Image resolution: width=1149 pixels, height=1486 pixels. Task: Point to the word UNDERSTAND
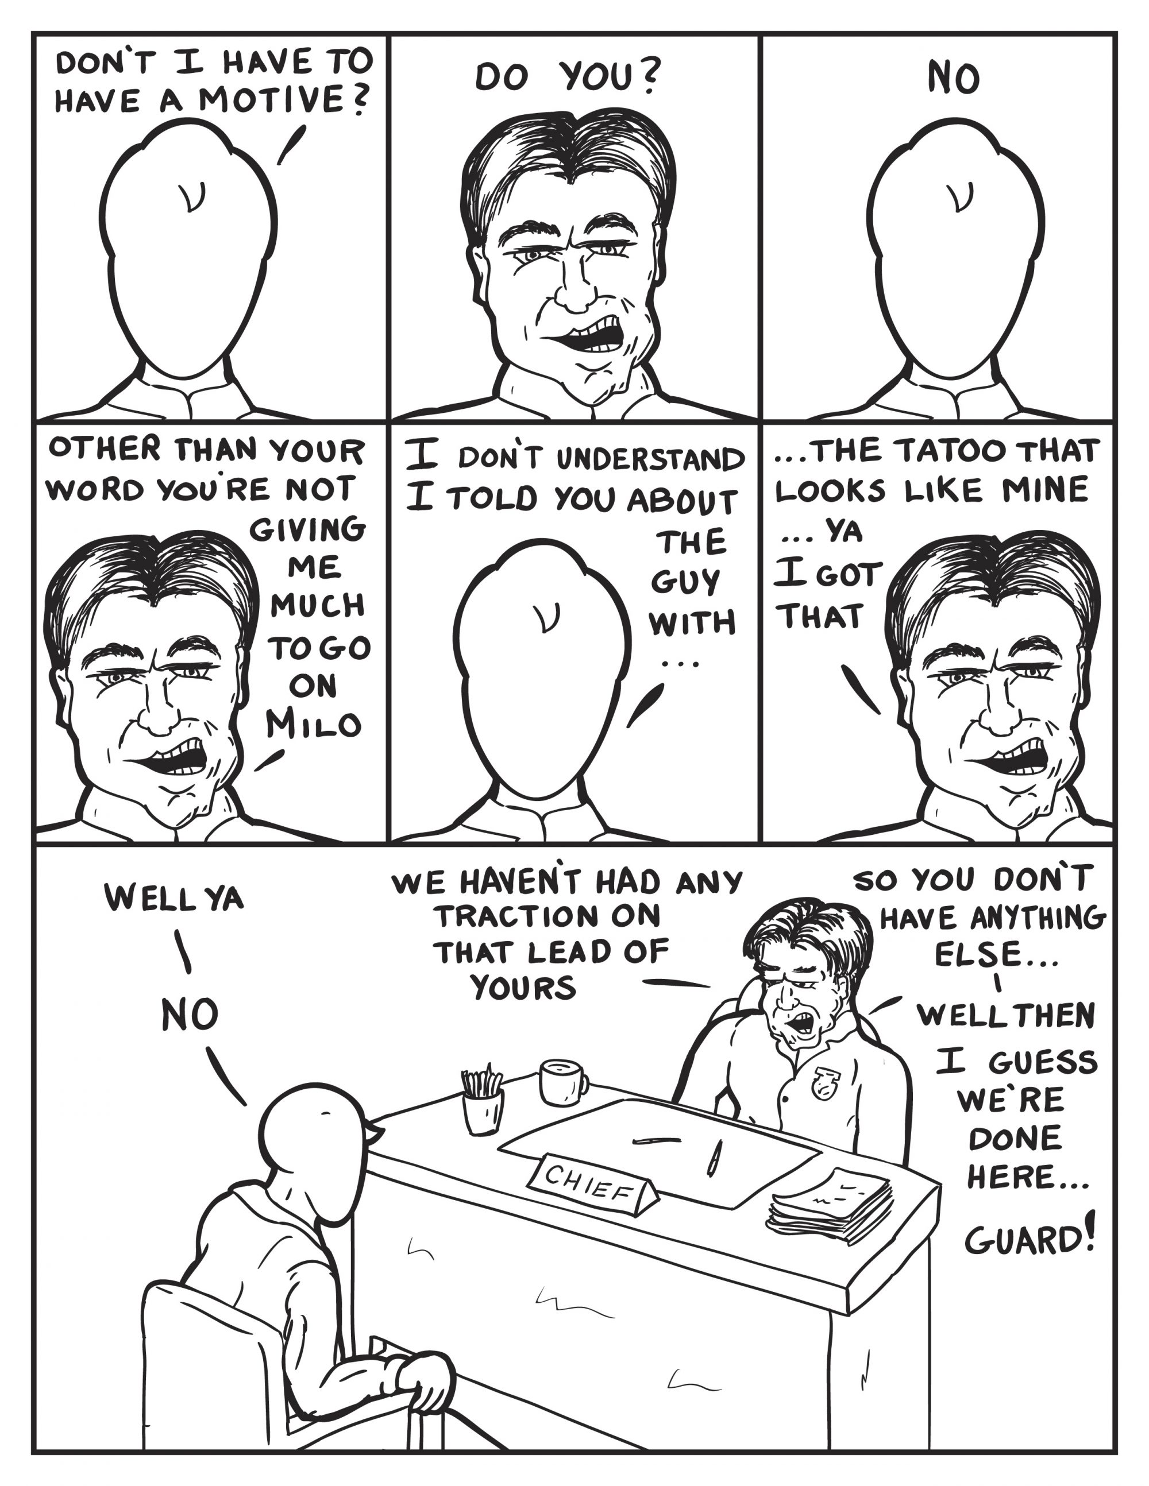click(x=651, y=459)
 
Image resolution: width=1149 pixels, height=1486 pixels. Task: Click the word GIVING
click(x=308, y=529)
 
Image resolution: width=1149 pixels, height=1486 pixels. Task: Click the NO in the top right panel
click(x=954, y=79)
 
